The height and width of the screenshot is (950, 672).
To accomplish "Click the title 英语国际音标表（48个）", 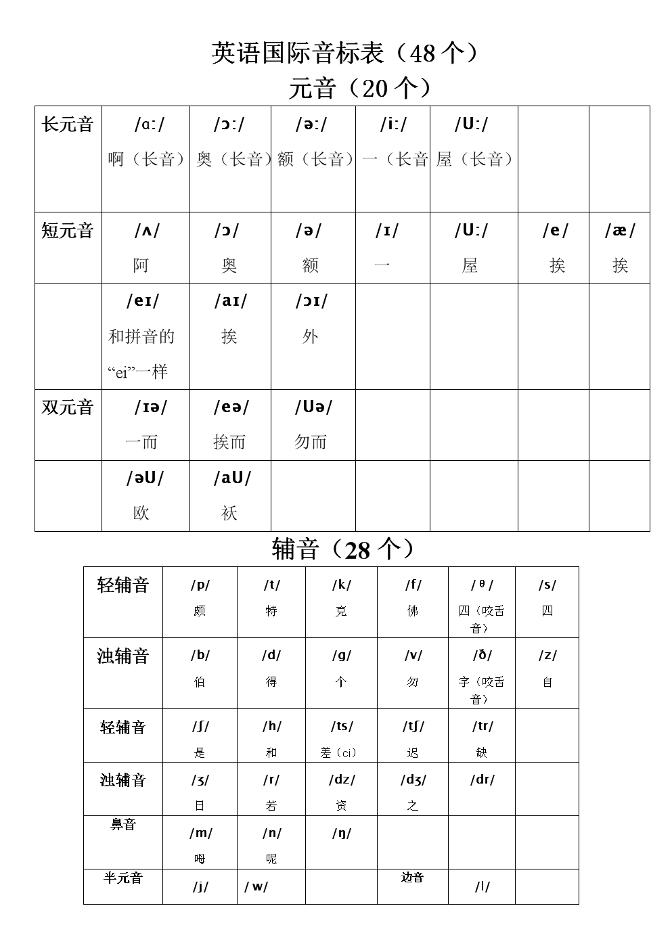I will click(x=344, y=53).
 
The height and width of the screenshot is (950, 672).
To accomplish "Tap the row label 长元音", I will click(x=68, y=125).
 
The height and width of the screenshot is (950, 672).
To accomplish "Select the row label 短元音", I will click(x=68, y=231).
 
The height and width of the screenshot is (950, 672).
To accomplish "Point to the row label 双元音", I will click(x=68, y=407).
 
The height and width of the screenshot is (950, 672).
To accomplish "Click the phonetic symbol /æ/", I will click(x=620, y=231).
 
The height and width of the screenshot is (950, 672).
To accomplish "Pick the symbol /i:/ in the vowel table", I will click(x=393, y=125).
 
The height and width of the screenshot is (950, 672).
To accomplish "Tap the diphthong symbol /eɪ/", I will click(x=143, y=301).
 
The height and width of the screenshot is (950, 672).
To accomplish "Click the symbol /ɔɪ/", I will click(x=311, y=301).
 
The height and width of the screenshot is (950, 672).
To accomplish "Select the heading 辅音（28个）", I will click(x=342, y=549).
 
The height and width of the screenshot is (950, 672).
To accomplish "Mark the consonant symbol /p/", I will click(x=200, y=585).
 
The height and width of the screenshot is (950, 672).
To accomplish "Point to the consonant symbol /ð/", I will click(x=482, y=655).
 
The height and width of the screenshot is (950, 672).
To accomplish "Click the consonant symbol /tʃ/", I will click(x=413, y=727).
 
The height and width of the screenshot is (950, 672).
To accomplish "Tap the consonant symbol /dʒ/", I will click(x=413, y=779).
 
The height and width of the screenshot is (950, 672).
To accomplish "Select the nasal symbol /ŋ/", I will click(x=342, y=833).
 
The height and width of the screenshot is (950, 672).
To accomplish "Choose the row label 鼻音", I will click(x=123, y=825).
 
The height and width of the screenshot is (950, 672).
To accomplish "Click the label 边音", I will click(x=412, y=878).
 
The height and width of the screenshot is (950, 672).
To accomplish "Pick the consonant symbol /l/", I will click(x=482, y=886).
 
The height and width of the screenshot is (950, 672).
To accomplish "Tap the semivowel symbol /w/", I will click(x=256, y=886).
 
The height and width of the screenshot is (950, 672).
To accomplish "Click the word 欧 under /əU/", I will click(x=141, y=513).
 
